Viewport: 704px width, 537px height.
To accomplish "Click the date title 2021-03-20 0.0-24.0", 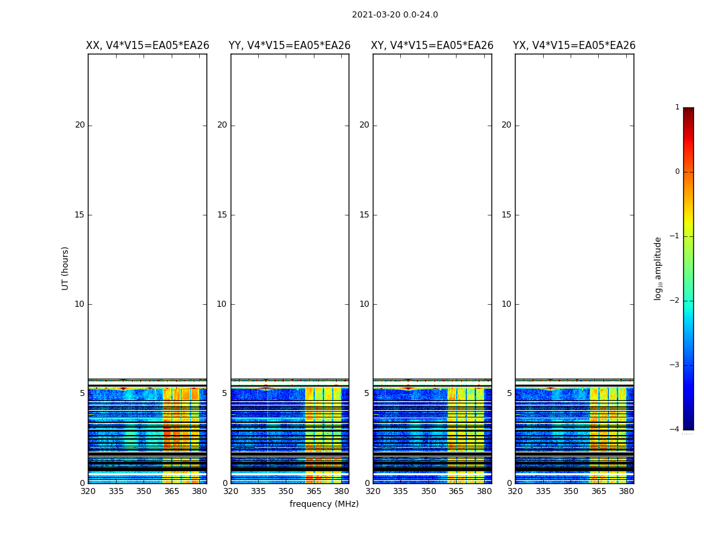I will pos(395,15).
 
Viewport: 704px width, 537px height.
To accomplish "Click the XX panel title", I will pos(148,46).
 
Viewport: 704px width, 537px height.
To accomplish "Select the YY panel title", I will pos(290,46).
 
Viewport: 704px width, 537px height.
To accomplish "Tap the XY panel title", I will pos(432,46).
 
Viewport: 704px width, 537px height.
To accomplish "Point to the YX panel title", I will pos(574,46).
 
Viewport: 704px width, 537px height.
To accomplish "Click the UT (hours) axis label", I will pos(66,268).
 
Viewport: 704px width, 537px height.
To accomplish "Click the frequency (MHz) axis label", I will pos(324,504).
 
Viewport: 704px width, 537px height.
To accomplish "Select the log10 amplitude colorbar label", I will pos(658,268).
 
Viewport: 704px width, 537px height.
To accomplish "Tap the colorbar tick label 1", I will pos(677,107).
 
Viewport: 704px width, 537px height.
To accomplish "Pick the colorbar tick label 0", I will pos(677,172).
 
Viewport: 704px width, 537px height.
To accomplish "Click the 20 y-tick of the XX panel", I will pos(80,125).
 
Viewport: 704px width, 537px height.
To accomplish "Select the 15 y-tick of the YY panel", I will pos(222,215).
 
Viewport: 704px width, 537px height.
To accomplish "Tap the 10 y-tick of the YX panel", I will pos(506,304).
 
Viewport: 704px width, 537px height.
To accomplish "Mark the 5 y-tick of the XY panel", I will pos(367,393).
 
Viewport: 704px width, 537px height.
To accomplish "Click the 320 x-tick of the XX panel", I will pos(88,491).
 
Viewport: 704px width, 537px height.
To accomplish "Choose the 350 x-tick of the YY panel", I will pos(286,491).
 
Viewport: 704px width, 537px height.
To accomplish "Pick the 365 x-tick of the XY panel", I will pos(456,491).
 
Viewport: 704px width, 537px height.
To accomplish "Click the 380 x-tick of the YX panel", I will pos(626,491).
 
